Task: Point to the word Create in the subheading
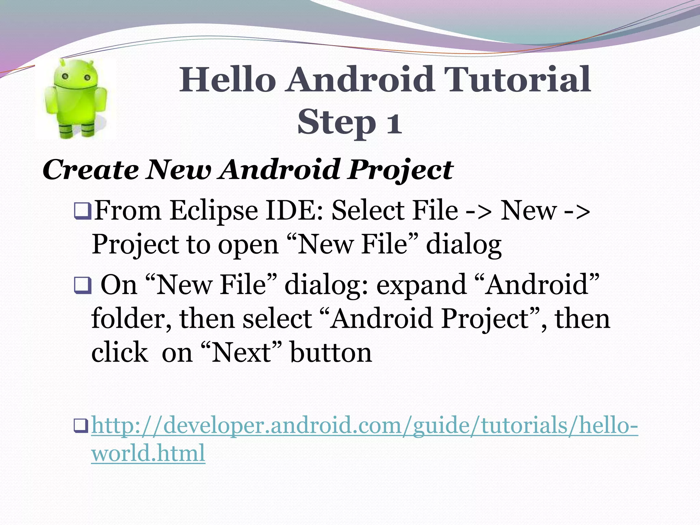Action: [91, 170]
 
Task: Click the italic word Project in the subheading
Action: [400, 170]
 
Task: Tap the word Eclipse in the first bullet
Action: [214, 211]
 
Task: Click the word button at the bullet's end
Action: [331, 352]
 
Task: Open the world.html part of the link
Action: [148, 453]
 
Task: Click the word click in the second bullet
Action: [120, 352]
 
